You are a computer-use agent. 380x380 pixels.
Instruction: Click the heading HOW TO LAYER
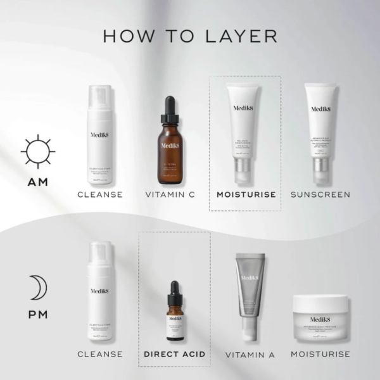click(190, 35)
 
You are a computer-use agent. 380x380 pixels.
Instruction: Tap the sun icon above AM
click(37, 152)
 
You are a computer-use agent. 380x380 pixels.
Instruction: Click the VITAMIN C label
click(170, 194)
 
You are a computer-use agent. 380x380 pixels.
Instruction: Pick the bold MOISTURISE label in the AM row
click(245, 194)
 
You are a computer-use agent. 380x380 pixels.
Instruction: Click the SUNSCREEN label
click(320, 194)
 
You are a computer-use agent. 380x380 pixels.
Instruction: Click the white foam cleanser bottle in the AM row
click(100, 136)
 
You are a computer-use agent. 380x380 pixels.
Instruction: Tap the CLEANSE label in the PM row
click(100, 353)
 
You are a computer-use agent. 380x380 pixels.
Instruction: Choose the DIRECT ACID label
click(174, 353)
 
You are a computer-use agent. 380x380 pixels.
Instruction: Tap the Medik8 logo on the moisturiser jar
click(320, 319)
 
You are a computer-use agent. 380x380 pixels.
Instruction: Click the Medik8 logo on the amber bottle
click(170, 145)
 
